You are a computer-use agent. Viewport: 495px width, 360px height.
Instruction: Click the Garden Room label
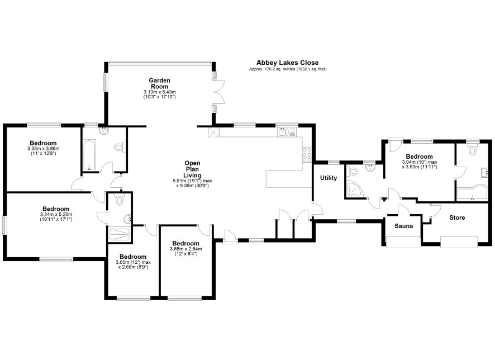click(x=159, y=83)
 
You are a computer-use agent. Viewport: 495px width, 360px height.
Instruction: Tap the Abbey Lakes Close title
click(x=287, y=63)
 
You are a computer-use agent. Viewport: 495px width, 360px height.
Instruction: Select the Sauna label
click(x=404, y=226)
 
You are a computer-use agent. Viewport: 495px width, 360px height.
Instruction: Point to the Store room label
click(x=457, y=217)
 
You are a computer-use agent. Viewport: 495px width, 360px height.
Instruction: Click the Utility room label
click(x=329, y=178)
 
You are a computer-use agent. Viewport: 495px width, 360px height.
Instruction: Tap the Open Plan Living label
click(x=192, y=169)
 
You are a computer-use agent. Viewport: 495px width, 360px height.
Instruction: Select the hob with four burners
click(x=307, y=155)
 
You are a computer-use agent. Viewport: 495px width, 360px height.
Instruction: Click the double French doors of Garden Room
click(x=219, y=92)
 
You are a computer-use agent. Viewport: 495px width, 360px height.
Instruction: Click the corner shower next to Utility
click(x=355, y=188)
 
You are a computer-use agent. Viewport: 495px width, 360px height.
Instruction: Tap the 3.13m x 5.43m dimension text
click(x=159, y=94)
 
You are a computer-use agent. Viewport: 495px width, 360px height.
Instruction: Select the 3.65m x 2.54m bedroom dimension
click(x=186, y=251)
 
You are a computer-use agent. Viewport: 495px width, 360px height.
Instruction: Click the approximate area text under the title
click(x=288, y=69)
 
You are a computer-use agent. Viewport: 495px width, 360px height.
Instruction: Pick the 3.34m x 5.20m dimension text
click(x=56, y=217)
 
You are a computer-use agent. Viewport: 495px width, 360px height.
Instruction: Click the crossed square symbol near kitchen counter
click(x=214, y=132)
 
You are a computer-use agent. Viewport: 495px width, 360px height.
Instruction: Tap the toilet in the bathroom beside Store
click(x=472, y=149)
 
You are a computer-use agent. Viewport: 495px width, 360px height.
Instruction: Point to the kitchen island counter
click(x=288, y=179)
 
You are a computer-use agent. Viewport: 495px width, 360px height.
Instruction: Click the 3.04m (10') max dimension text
click(x=419, y=162)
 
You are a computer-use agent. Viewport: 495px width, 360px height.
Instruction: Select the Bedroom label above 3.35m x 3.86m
click(x=43, y=143)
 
